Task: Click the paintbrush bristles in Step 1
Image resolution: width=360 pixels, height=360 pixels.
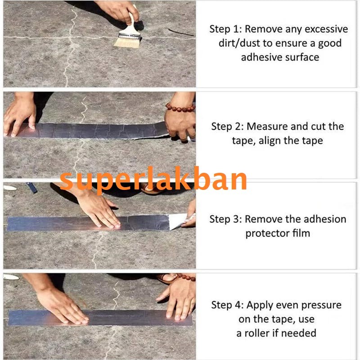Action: click(127, 43)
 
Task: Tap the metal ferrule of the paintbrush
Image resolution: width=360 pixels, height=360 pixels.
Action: click(129, 36)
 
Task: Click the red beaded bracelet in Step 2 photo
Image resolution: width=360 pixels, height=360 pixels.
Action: click(180, 108)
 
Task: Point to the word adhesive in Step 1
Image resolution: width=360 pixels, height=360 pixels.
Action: click(262, 57)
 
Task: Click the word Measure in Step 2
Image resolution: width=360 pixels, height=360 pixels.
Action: click(267, 126)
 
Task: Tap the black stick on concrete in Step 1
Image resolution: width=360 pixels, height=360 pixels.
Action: click(181, 32)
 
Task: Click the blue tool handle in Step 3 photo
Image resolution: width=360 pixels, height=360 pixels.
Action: click(31, 187)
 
